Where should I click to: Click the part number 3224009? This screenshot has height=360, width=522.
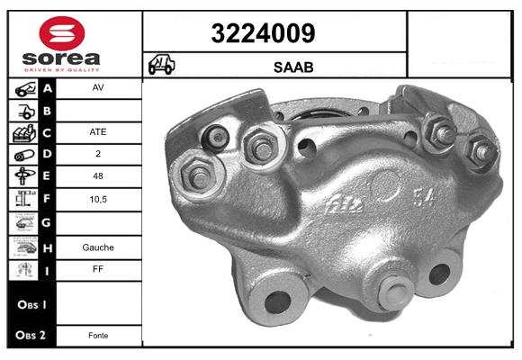pos(263,34)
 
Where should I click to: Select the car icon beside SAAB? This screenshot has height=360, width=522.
pos(162,65)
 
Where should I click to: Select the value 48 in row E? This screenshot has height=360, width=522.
pos(98,177)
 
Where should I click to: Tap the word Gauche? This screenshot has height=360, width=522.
pos(98,247)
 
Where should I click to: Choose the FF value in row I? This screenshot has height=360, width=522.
pos(98,269)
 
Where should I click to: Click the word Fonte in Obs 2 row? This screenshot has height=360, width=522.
pos(98,336)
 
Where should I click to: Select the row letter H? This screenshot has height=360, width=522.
pos(48,247)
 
